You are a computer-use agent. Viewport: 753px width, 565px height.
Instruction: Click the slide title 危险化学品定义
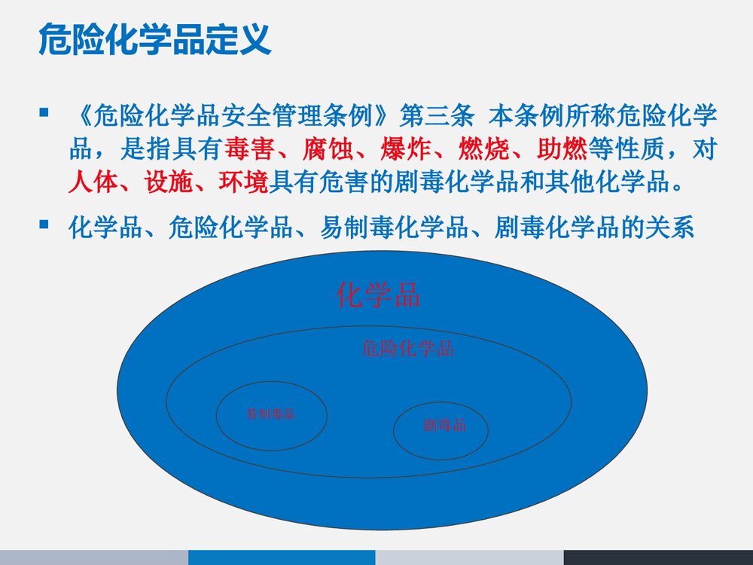[154, 39]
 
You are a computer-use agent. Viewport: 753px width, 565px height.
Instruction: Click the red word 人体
[93, 182]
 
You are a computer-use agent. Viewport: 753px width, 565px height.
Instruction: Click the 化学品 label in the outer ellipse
[377, 295]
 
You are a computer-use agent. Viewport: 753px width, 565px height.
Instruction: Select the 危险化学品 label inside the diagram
[407, 348]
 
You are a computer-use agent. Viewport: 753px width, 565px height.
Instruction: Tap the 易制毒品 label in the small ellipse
[271, 414]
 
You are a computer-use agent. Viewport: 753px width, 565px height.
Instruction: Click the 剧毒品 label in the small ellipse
[444, 426]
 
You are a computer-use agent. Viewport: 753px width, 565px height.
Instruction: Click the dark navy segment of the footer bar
[658, 557]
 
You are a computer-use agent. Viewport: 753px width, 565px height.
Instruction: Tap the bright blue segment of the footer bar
[282, 557]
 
